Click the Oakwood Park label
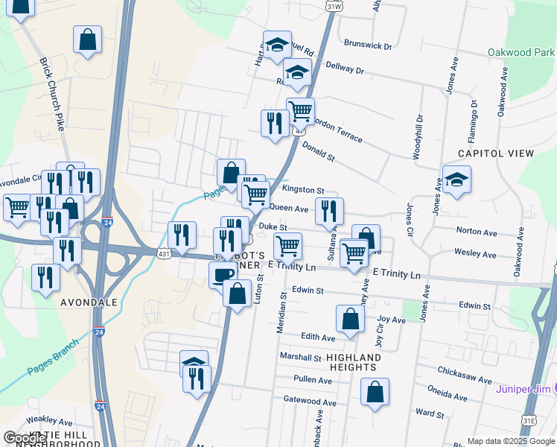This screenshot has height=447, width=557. point(521,53)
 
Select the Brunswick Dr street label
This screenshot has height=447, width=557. point(368,45)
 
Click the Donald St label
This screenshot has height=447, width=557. point(319,152)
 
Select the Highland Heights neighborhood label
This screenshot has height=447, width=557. point(353,362)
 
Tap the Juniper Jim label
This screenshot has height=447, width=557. point(525,389)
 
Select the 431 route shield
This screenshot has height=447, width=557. point(162,255)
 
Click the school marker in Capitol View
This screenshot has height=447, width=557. point(456,180)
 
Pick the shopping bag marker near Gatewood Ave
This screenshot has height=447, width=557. point(375,392)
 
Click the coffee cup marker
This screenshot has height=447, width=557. point(223,275)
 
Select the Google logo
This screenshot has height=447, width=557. point(25,438)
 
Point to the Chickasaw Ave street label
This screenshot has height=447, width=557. point(462,371)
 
